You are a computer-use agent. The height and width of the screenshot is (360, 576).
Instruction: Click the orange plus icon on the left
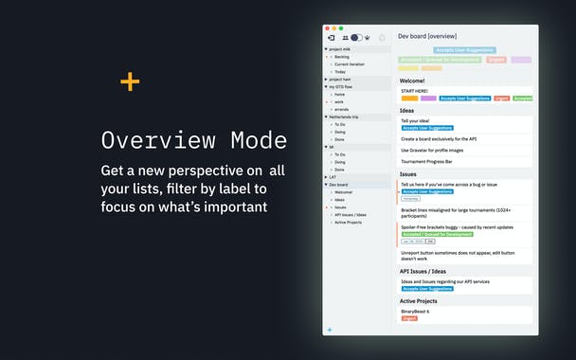[x=130, y=81]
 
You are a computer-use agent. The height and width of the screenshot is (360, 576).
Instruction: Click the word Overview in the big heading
[x=162, y=140]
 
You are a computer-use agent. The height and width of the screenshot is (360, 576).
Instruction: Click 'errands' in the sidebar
[x=342, y=109]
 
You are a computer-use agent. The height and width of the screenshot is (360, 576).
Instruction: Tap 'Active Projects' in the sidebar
[x=348, y=222]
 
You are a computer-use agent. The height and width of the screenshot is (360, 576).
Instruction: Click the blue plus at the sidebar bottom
[x=330, y=329]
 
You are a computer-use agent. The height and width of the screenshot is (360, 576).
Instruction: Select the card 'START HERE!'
[x=416, y=91]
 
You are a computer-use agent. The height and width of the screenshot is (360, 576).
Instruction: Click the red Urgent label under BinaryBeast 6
[x=409, y=318]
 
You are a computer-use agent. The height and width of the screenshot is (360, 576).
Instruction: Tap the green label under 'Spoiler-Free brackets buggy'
[x=437, y=233]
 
